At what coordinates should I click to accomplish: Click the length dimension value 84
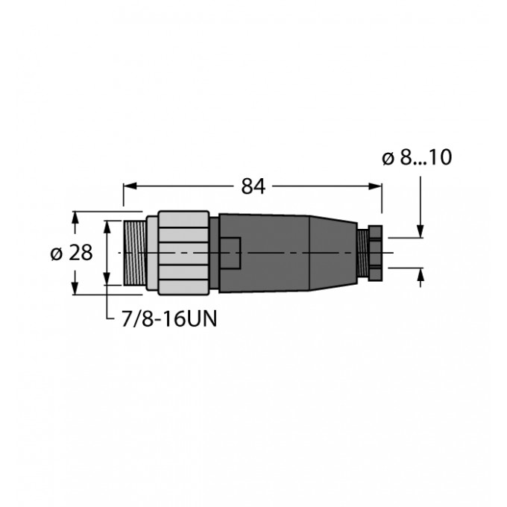coord(253,187)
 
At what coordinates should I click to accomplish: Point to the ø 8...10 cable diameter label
coord(417,158)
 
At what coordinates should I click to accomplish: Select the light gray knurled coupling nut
coord(183,253)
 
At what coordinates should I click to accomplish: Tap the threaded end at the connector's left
coord(134,253)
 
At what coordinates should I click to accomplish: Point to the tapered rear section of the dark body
coord(332,253)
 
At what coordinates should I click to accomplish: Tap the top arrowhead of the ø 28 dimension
coord(75,218)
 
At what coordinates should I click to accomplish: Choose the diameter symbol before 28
coord(57,253)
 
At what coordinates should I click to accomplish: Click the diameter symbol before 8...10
coord(388,158)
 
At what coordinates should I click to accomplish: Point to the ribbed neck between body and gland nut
coord(362,252)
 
